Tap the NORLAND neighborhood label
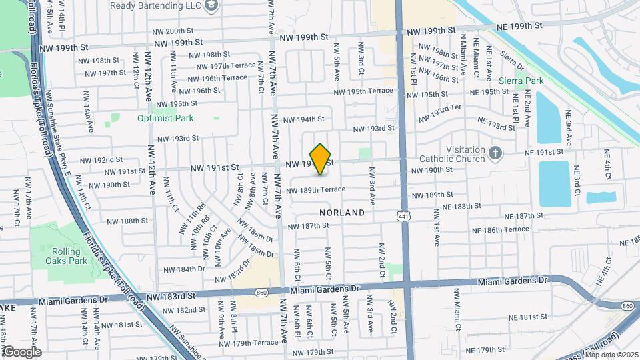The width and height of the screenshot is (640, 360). [342, 213]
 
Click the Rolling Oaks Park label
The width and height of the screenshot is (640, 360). [69, 256]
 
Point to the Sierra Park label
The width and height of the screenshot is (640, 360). [521, 81]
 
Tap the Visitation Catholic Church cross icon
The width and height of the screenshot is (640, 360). [494, 154]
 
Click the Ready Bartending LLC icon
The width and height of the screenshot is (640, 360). [211, 6]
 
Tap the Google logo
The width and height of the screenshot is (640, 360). [22, 351]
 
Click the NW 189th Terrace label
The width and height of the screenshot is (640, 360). [316, 189]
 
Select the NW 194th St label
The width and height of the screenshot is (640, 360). [303, 119]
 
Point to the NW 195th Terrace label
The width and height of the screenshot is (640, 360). [363, 91]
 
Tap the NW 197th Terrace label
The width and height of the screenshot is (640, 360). [219, 66]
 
